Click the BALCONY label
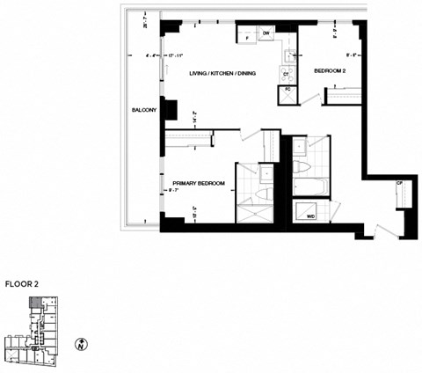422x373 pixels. [145, 110]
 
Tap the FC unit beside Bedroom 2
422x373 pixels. [287, 91]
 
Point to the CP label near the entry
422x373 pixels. [399, 182]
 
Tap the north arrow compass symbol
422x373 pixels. [82, 343]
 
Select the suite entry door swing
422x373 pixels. [385, 230]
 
